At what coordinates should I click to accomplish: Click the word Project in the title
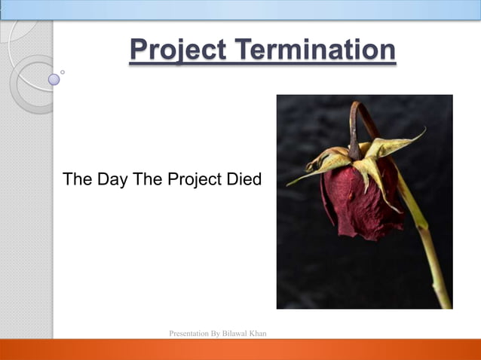pos(177,50)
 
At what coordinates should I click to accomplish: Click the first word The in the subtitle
pos(77,180)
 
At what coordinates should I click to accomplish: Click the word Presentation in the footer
pos(190,333)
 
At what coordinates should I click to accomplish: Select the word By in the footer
pos(216,333)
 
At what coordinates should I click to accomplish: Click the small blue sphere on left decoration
pos(54,78)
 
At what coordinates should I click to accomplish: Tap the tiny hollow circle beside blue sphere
pos(63,72)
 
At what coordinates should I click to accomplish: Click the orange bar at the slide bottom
pos(240,349)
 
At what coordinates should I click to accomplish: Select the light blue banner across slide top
pos(240,9)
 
